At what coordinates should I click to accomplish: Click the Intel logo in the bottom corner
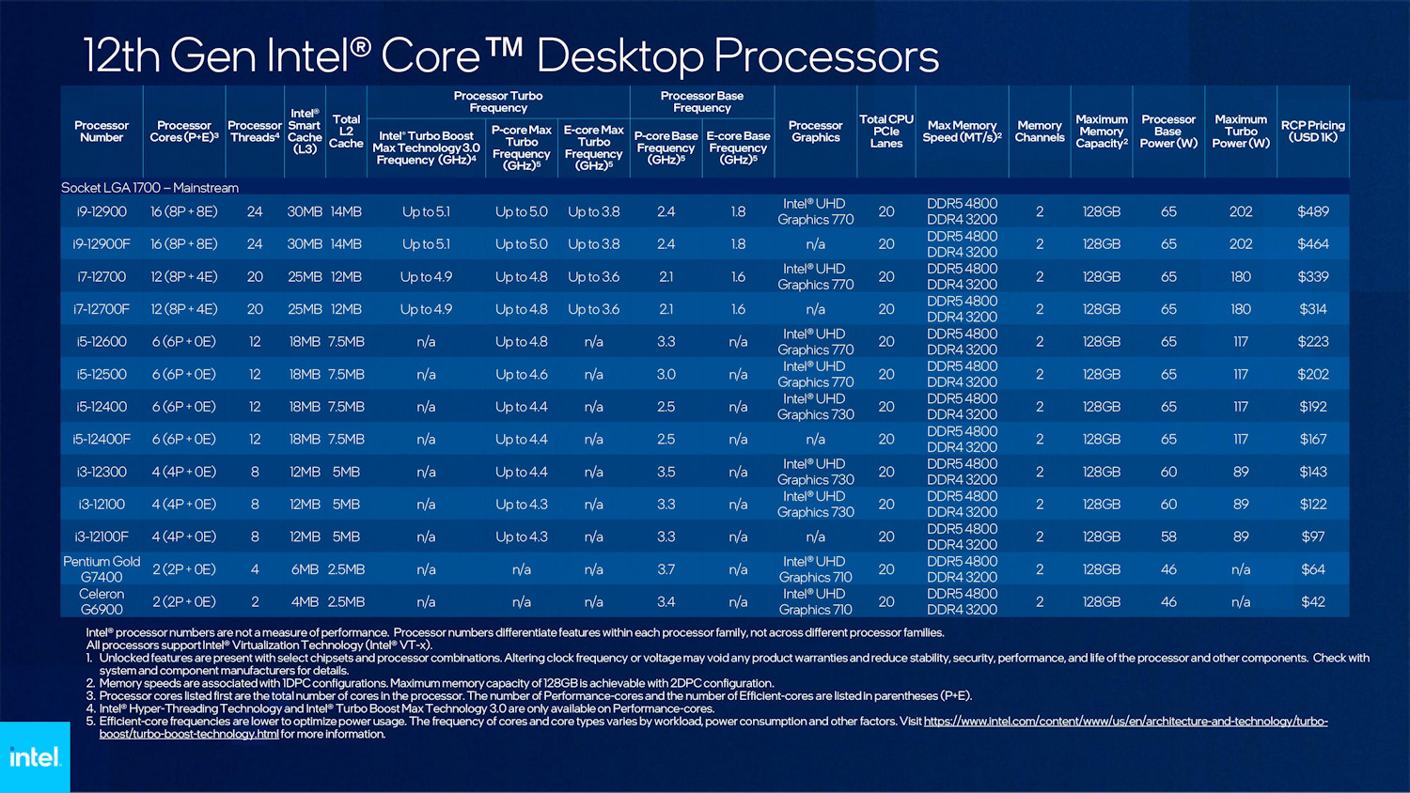click(x=35, y=756)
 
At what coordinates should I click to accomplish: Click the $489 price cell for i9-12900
click(x=1312, y=211)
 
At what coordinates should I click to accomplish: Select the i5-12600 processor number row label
click(x=102, y=342)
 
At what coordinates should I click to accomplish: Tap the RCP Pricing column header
click(x=1312, y=132)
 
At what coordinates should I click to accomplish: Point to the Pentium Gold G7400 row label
click(x=102, y=569)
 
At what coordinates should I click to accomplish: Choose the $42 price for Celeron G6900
click(x=1312, y=602)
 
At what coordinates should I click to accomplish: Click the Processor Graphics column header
click(x=815, y=132)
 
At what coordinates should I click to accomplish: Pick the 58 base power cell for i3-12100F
click(x=1167, y=536)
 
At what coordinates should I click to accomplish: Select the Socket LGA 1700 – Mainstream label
click(x=150, y=188)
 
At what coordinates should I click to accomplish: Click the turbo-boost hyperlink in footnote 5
click(x=1124, y=722)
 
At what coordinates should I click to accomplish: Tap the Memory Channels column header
click(x=1039, y=132)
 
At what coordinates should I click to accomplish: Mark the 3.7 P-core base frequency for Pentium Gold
click(x=666, y=569)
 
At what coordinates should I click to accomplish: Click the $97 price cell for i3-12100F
click(x=1312, y=536)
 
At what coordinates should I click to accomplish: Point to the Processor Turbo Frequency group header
click(x=497, y=101)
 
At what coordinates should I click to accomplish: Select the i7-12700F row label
click(x=102, y=309)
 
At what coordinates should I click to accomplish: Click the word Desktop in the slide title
click(x=619, y=55)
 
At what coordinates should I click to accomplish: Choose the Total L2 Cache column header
click(x=346, y=132)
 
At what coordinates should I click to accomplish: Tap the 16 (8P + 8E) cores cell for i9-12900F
click(x=184, y=244)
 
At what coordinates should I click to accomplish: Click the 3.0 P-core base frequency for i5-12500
click(x=666, y=374)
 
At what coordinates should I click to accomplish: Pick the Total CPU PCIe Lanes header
click(x=885, y=132)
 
